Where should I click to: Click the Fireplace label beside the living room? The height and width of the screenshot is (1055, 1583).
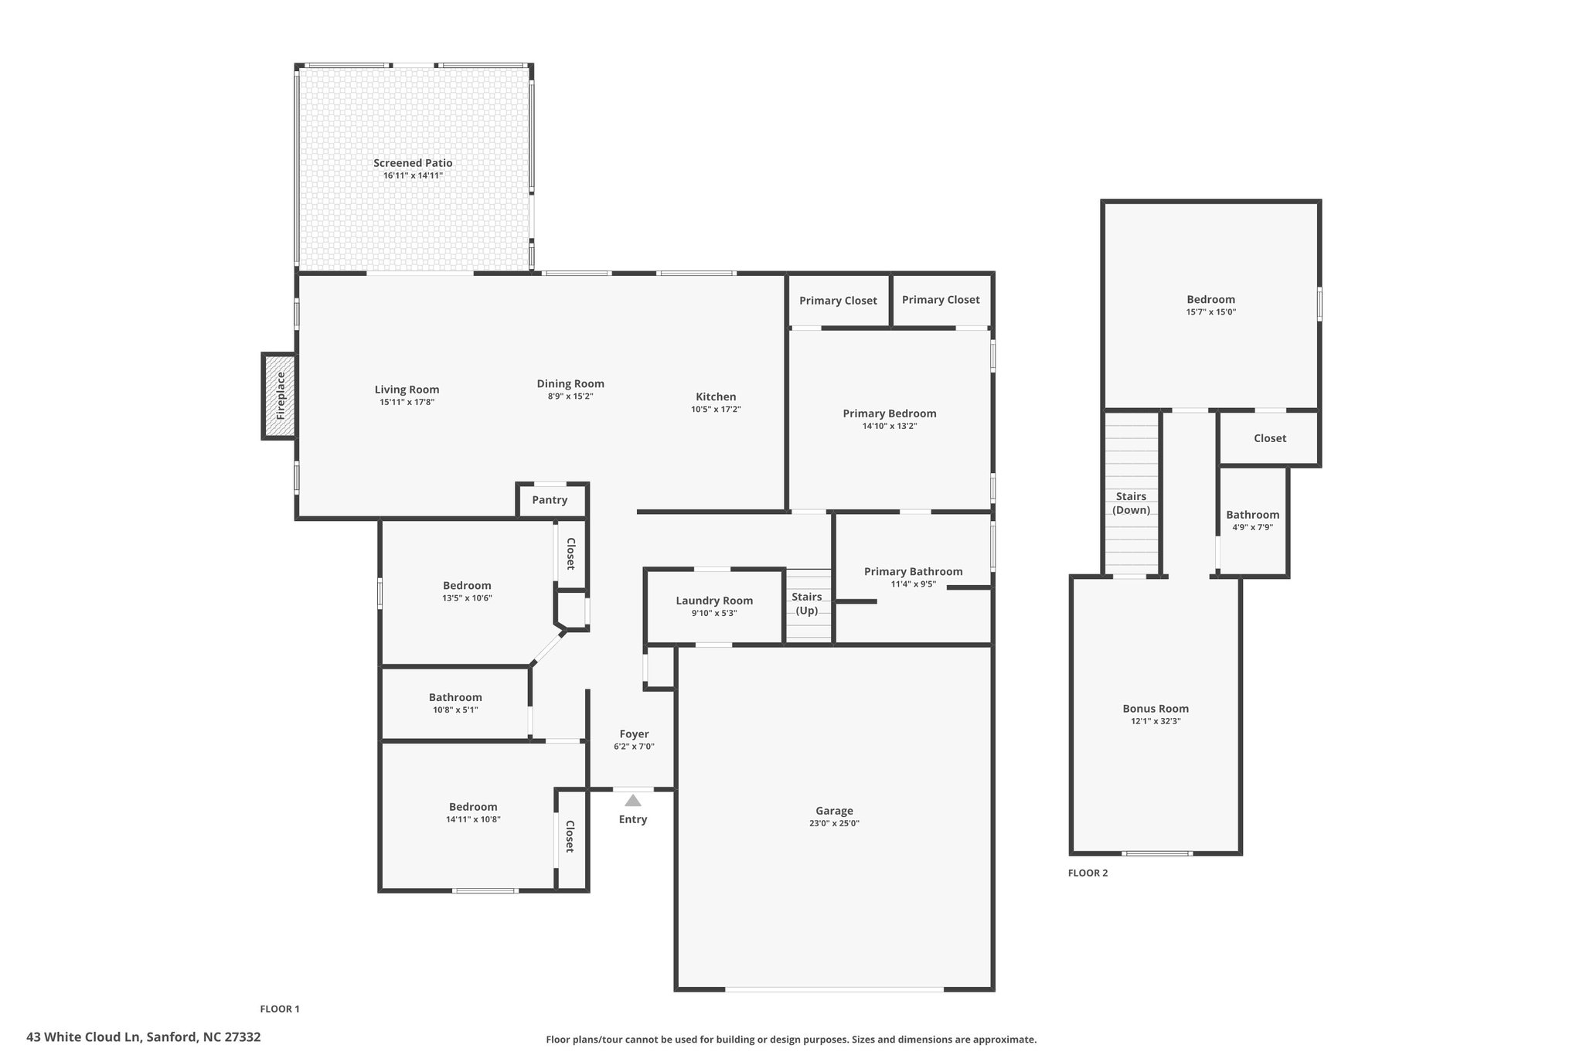click(281, 396)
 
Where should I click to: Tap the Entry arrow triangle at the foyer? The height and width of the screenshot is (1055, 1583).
click(633, 801)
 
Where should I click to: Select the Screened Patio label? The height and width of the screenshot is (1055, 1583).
click(413, 163)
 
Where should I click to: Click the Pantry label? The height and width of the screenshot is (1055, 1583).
click(550, 500)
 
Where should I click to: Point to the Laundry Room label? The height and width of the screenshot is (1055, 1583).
click(714, 601)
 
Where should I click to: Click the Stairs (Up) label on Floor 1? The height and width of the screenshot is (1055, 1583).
click(807, 604)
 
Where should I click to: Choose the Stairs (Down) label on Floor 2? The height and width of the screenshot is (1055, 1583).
click(1131, 503)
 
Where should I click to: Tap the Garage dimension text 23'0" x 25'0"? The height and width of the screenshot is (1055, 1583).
click(834, 823)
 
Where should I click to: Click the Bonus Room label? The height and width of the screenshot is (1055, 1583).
click(1156, 709)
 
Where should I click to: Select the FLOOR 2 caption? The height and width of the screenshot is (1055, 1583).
click(1088, 873)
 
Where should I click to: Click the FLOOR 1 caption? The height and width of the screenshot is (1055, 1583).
click(279, 1009)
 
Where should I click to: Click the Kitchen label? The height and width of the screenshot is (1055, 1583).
click(716, 397)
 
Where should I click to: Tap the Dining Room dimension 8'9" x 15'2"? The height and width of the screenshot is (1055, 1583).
click(570, 396)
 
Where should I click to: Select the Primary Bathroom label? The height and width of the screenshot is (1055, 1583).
click(913, 572)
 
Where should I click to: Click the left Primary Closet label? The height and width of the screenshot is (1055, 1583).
click(838, 301)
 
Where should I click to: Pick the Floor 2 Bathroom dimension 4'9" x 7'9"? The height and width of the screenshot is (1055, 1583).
click(1252, 527)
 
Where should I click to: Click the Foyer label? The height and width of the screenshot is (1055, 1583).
click(634, 734)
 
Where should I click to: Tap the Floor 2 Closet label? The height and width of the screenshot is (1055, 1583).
click(1270, 438)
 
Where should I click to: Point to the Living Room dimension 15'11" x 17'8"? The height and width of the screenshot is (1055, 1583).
click(407, 402)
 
